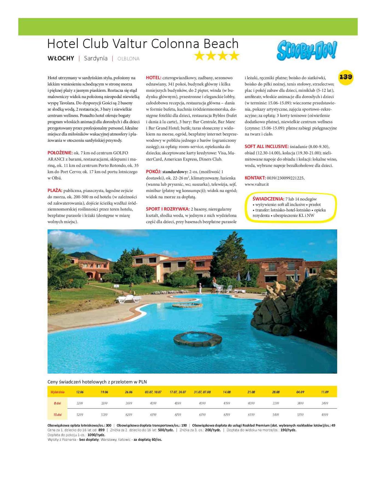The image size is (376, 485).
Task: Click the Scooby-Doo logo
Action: click(306, 50)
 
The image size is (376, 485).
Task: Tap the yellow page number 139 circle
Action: click(346, 77)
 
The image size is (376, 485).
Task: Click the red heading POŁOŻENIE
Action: click(60, 153)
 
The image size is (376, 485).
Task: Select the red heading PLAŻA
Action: click(55, 190)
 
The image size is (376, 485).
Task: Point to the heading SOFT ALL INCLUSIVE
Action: click(266, 147)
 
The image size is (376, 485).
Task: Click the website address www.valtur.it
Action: click(257, 184)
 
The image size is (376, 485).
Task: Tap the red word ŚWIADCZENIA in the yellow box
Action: click(268, 199)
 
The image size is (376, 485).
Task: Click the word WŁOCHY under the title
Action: click(61, 59)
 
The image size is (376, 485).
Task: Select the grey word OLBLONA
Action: click(128, 59)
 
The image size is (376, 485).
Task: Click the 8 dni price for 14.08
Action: click(227, 403)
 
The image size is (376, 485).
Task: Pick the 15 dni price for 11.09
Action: click(325, 415)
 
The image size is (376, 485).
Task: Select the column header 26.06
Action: click(129, 392)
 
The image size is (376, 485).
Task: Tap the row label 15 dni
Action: click(57, 415)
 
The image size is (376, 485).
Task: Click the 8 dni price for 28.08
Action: click(276, 403)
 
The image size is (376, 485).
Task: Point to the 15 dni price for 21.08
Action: click(251, 415)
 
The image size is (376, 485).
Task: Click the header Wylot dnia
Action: click(57, 392)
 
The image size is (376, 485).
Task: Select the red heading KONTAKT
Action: click(255, 178)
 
